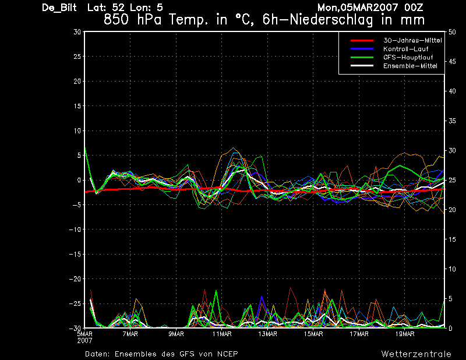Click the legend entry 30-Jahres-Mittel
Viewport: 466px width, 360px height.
click(x=412, y=40)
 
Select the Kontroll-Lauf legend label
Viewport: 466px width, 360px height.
click(x=405, y=49)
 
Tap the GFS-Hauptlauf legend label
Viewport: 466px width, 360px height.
click(x=408, y=57)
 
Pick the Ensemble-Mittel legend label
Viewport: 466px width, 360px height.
click(x=410, y=66)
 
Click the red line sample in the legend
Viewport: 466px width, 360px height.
click(x=362, y=40)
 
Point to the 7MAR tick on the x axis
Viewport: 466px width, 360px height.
click(x=130, y=334)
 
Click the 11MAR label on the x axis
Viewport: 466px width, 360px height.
click(x=222, y=334)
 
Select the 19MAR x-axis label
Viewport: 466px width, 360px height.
click(x=405, y=334)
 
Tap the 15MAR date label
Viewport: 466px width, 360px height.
click(x=313, y=334)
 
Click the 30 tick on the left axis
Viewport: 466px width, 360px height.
click(x=77, y=32)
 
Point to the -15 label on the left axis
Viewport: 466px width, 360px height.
click(x=75, y=254)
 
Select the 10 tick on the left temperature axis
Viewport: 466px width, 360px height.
click(x=77, y=130)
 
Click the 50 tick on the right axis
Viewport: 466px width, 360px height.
click(x=452, y=32)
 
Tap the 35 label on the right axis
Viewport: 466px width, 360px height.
click(x=452, y=121)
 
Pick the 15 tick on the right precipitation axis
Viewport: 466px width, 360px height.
click(x=452, y=239)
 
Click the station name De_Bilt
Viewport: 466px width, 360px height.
click(x=59, y=8)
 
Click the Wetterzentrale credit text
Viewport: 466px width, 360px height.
click(x=416, y=354)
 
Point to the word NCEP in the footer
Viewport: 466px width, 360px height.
click(x=227, y=354)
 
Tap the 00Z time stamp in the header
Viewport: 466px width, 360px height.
click(x=414, y=8)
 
